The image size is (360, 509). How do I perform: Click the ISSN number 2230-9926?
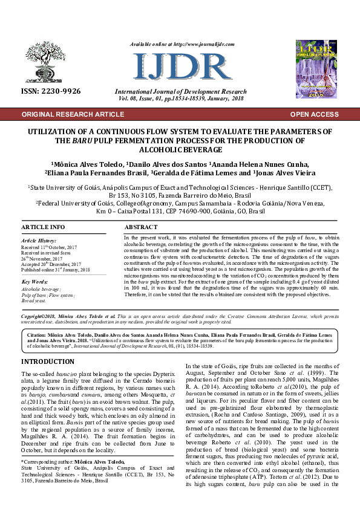pyautogui.click(x=50, y=91)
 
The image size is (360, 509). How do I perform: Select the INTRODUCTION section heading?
pyautogui.click(x=48, y=361)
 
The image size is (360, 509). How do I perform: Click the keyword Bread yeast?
pyautogui.click(x=34, y=300)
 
